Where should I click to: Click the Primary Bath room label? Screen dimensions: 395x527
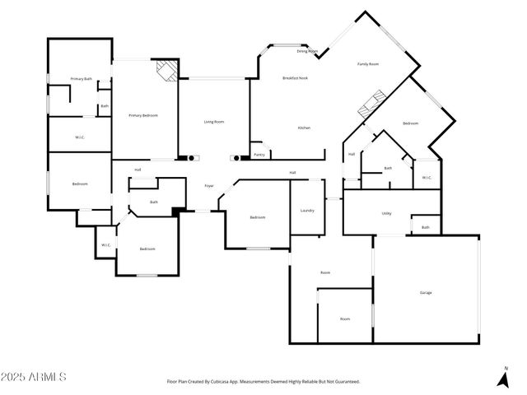(81, 79)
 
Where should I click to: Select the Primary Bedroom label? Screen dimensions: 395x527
(142, 115)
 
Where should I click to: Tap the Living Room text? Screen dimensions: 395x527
(214, 122)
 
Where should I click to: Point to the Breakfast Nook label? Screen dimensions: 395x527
(295, 78)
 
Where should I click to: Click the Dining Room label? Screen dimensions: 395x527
(307, 51)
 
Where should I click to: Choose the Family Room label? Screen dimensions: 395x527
(367, 64)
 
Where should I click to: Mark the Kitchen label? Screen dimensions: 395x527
(304, 128)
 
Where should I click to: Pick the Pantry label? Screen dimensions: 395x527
(259, 154)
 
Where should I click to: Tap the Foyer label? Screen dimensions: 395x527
(209, 186)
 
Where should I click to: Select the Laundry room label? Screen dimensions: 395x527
(306, 210)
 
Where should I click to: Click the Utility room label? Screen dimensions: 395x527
(386, 213)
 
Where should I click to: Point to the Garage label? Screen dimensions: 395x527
(426, 292)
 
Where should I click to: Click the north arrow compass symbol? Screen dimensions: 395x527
(503, 379)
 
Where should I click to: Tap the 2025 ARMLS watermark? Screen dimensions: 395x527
(34, 377)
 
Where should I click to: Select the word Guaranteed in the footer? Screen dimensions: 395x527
(344, 382)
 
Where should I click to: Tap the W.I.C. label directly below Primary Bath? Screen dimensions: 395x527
(80, 137)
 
